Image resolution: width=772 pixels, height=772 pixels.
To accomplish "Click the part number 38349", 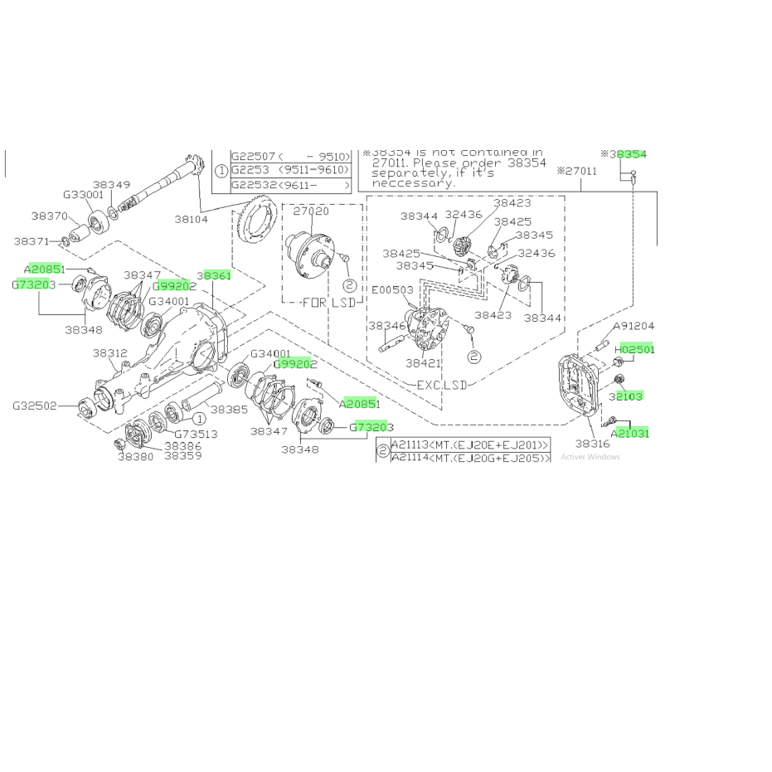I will click(x=111, y=184).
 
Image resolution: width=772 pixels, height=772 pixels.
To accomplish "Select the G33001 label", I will click(x=83, y=196).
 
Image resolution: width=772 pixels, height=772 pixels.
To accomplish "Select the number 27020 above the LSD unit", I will click(x=312, y=211).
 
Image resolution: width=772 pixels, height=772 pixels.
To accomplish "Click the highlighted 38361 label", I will click(x=214, y=275).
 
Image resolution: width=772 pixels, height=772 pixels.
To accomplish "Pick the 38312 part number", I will click(x=109, y=352).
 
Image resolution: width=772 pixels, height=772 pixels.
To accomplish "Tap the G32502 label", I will click(x=34, y=406).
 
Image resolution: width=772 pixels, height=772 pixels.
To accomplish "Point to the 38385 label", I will click(x=228, y=410).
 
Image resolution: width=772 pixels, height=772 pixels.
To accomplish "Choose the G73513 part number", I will click(x=195, y=433).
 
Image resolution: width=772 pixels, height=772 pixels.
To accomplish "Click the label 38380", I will click(x=135, y=456).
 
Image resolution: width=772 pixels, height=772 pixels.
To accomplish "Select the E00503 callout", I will click(x=391, y=290).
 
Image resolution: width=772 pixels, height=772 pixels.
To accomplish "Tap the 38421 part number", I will click(x=424, y=362).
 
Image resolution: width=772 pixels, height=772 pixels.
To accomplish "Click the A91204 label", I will click(x=634, y=327).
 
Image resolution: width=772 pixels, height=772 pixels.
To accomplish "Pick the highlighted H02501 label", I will click(x=635, y=349).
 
